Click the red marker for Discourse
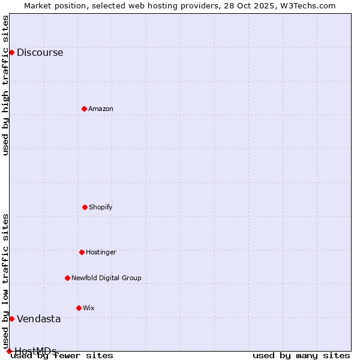(11, 52)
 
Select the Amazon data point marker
(84, 109)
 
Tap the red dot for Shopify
(85, 207)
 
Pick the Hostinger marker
(82, 252)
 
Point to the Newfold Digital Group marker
(67, 278)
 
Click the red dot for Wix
(79, 308)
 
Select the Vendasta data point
(11, 319)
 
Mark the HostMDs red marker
(9, 351)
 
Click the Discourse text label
(40, 53)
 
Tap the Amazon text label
(100, 109)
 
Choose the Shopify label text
(100, 208)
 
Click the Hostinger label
(101, 253)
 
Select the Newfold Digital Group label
(106, 278)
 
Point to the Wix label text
(88, 308)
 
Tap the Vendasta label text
(38, 319)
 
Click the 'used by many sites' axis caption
(301, 356)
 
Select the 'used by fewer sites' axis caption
(62, 356)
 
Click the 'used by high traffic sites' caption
(6, 85)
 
